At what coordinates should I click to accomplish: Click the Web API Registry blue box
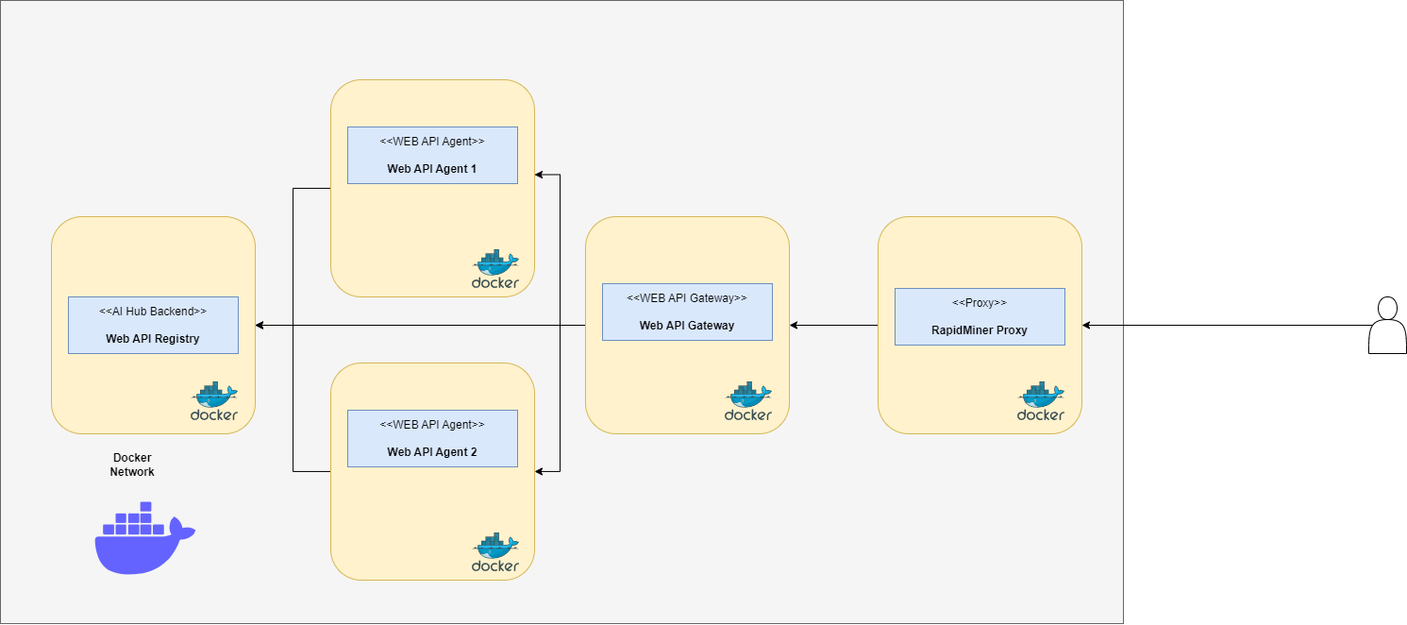coord(153,326)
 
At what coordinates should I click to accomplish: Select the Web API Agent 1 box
coord(432,156)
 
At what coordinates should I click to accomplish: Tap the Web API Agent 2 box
coord(432,439)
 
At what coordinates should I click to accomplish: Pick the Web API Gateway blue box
coord(687,312)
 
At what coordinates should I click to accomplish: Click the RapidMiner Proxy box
coord(980,317)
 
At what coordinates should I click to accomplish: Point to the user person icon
coord(1387,326)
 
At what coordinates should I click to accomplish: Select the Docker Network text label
coord(132,465)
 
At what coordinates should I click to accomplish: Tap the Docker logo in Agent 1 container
coord(495,270)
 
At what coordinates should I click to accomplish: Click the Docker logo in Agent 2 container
coord(495,553)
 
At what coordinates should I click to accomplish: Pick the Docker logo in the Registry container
coord(214,402)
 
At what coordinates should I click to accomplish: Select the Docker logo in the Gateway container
coord(748,402)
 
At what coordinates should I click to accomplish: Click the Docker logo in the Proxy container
coord(1041,402)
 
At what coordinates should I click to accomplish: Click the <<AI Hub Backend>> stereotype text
coord(153,311)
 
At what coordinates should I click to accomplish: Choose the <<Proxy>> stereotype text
coord(980,303)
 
